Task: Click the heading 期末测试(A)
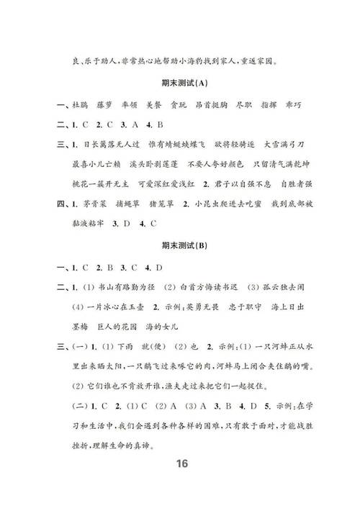[x=180, y=86]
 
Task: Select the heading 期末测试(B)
[x=180, y=246]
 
